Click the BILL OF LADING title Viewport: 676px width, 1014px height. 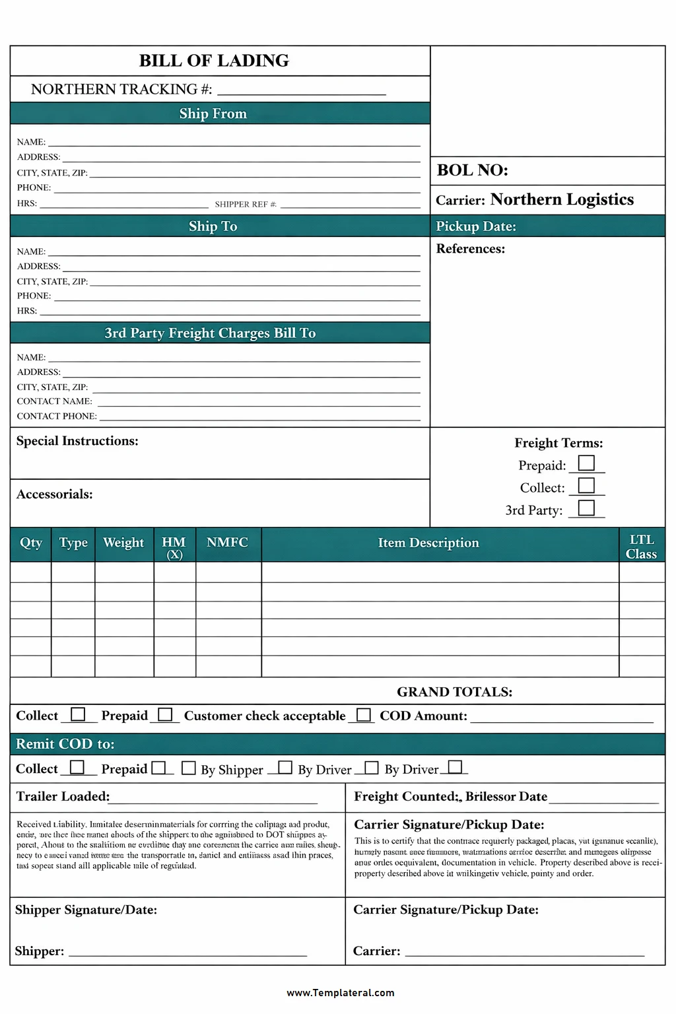click(214, 61)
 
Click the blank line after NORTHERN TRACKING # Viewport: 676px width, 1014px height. click(302, 91)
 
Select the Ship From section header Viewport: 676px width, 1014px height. click(213, 114)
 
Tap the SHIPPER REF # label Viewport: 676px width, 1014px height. click(246, 205)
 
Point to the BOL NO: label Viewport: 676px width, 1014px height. click(473, 170)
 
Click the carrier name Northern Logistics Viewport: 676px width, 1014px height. click(562, 199)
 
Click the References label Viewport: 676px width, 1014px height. click(471, 249)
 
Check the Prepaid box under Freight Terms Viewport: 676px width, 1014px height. click(586, 463)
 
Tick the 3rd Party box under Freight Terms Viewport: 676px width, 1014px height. click(586, 508)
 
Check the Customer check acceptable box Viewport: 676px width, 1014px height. click(363, 715)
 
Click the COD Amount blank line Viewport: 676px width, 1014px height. click(561, 718)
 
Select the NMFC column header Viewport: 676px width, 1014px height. click(227, 543)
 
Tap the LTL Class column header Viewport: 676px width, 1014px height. click(641, 547)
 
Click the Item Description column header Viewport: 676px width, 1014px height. click(428, 543)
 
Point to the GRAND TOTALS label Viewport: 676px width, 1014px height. click(454, 692)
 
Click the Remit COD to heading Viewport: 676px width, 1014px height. click(65, 744)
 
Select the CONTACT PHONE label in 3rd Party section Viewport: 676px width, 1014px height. click(57, 417)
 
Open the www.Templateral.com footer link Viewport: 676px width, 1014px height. click(340, 992)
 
